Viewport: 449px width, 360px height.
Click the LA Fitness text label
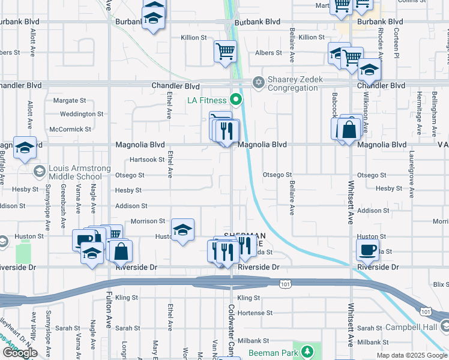(x=207, y=100)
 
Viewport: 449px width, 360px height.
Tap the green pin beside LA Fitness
(x=237, y=100)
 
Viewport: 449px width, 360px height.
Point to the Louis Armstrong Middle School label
(x=75, y=172)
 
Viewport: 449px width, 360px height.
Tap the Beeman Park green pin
(x=307, y=350)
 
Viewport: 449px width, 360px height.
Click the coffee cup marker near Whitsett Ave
(x=367, y=248)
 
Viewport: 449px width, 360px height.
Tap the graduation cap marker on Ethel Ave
(x=182, y=229)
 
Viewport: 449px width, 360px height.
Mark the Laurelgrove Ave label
(x=411, y=174)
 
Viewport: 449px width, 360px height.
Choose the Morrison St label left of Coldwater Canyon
(x=148, y=221)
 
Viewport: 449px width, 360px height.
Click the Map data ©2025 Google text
(x=412, y=355)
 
